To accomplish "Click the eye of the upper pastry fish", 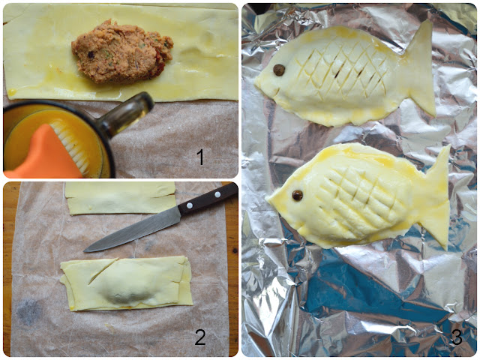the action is pos(279,70).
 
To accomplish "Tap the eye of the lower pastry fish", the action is pos(297,195).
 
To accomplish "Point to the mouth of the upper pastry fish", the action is pos(275,91).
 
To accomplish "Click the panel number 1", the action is pos(200,157).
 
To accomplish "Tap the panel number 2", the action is pos(200,337).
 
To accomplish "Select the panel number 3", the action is pos(457,337).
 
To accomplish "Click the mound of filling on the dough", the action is pos(121,52).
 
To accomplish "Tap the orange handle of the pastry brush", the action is pos(43,156).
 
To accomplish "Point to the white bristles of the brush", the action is pos(71,143).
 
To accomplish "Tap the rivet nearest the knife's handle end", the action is pos(217,194).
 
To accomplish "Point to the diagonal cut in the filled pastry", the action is pos(103,271).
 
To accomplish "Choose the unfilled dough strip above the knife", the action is pos(120,198).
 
